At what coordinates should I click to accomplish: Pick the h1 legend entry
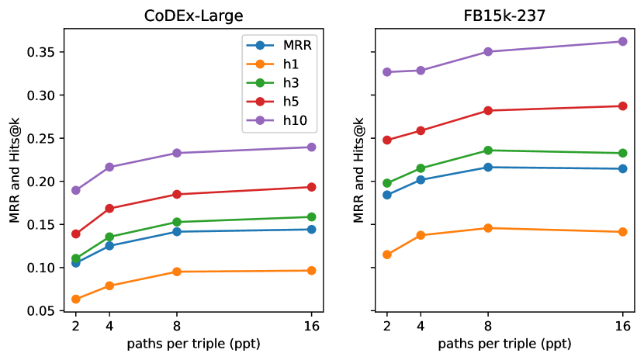[289, 64]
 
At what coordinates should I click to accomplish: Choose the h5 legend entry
[289, 101]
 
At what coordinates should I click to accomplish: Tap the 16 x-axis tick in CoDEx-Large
[311, 326]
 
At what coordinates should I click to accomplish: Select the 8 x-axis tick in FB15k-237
[488, 326]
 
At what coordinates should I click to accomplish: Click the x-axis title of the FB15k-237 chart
[504, 343]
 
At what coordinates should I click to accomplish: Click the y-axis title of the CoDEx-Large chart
[15, 170]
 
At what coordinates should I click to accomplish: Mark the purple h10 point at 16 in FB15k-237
[622, 41]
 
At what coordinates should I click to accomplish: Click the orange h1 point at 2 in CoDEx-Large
[76, 299]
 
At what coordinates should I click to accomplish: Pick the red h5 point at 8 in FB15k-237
[488, 110]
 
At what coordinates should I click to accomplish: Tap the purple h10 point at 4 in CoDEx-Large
[109, 167]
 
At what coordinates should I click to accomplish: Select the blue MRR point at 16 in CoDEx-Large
[311, 229]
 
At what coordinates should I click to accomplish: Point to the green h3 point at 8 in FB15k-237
[488, 150]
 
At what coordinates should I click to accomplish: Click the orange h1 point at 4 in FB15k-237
[421, 235]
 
